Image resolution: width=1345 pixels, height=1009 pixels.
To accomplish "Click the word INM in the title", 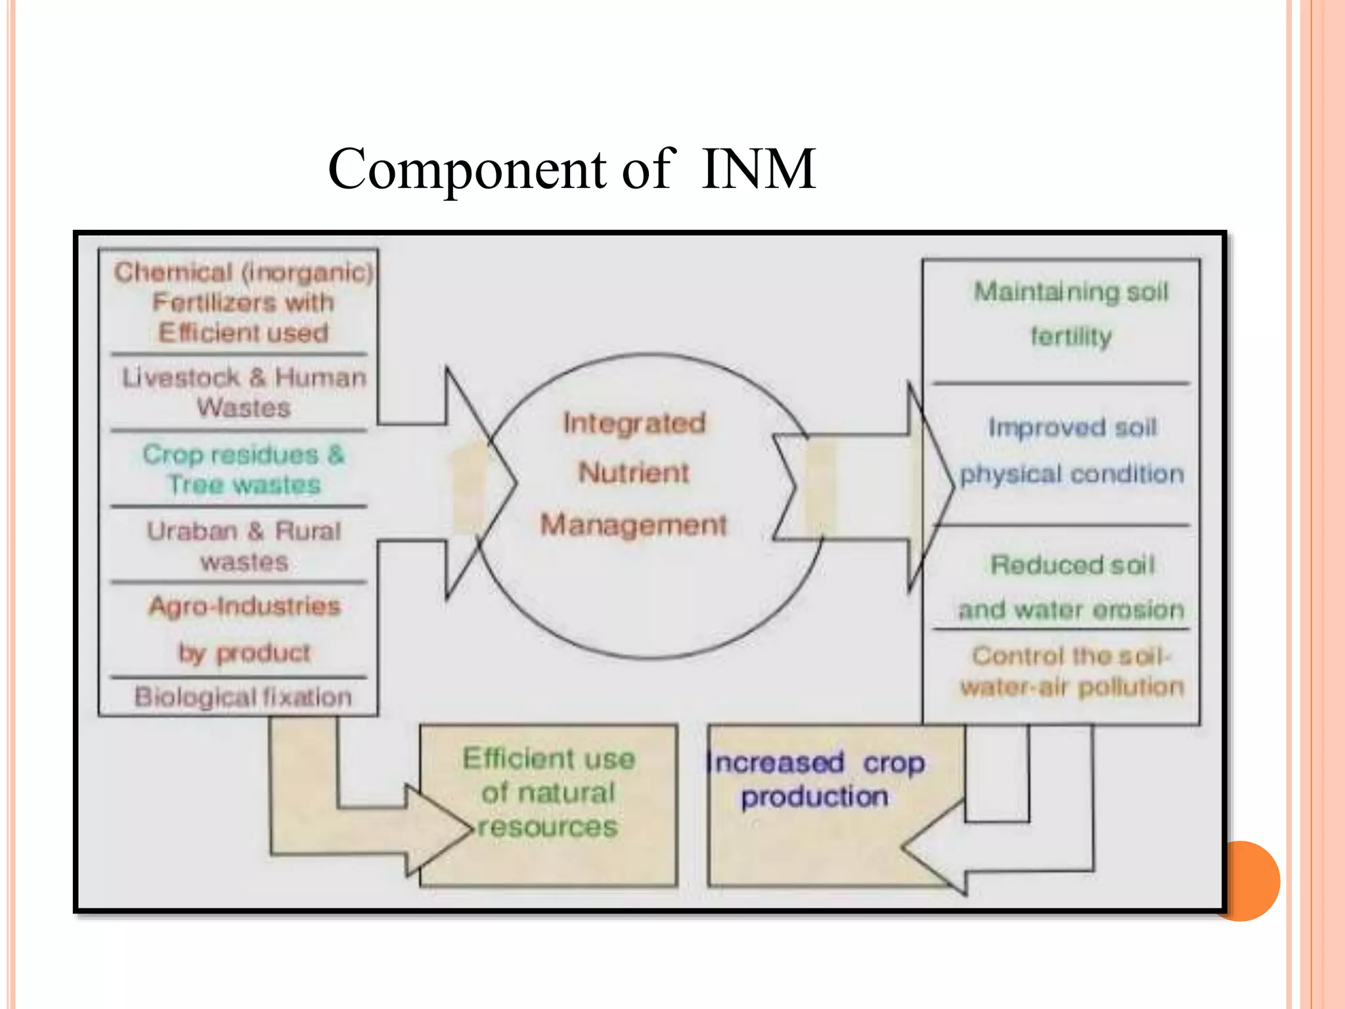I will tap(758, 169).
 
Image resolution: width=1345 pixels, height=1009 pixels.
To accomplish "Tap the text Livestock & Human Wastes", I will tap(244, 392).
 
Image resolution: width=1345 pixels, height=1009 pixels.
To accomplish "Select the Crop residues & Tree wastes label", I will tap(244, 469).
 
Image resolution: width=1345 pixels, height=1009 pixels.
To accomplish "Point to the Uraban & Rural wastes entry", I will tap(244, 546).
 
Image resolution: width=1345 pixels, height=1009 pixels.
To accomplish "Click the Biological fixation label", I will tap(243, 697).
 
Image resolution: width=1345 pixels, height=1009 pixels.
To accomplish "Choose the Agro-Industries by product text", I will tap(244, 629).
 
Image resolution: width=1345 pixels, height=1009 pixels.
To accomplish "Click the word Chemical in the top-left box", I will tap(173, 272).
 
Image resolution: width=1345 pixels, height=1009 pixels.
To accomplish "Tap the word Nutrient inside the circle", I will tap(634, 472).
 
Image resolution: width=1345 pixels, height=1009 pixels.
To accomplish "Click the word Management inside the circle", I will tap(634, 525).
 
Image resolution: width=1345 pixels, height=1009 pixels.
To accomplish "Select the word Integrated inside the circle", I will tap(634, 422).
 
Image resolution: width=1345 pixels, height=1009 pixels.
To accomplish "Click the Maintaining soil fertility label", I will tap(1071, 314).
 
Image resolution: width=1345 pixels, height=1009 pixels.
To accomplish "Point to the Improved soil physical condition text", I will tap(1072, 451).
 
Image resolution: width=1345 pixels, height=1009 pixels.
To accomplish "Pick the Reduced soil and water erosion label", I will tap(1072, 587).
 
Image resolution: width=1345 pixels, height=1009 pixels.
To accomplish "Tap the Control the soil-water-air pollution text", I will tap(1072, 671).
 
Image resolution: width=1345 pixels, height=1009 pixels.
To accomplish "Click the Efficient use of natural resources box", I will tap(548, 792).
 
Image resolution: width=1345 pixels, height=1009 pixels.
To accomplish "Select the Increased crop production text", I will tap(815, 779).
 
